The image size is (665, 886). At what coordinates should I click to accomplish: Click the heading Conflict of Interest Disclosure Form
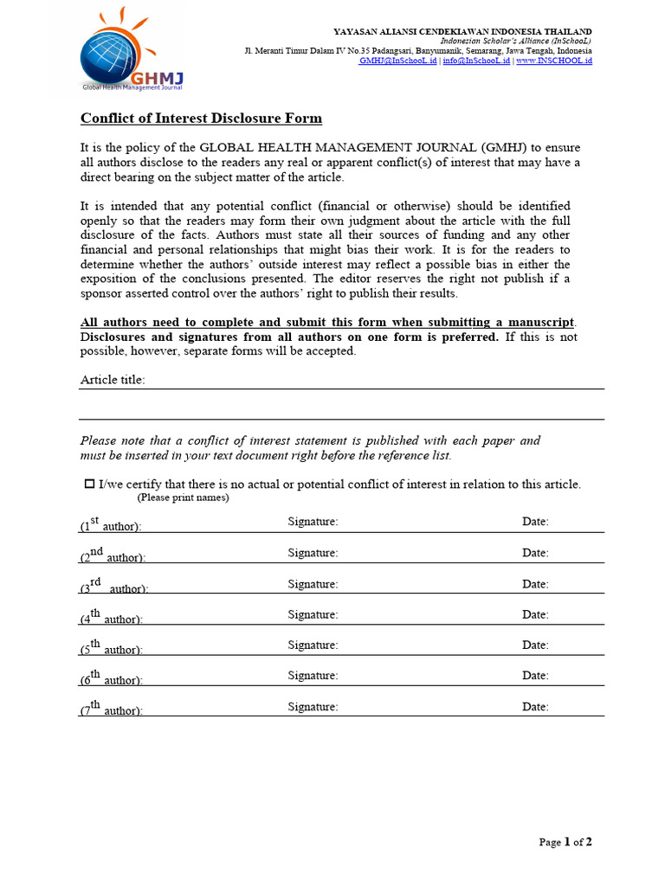[201, 119]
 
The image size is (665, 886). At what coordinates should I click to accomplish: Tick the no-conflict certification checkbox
[88, 484]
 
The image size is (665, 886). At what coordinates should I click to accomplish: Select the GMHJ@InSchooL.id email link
[398, 61]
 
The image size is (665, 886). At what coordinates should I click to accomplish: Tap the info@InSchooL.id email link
[476, 61]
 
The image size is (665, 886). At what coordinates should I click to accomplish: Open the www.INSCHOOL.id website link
[554, 61]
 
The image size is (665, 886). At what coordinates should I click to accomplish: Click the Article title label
[113, 380]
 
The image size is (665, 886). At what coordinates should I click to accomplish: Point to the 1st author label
[111, 525]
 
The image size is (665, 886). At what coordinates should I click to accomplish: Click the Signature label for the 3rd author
[313, 584]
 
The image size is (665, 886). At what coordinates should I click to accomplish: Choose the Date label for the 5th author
[535, 645]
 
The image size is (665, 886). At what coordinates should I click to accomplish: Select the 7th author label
[111, 709]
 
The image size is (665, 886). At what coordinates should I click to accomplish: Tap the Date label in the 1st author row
[535, 522]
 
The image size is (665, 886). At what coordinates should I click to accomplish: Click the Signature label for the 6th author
[313, 675]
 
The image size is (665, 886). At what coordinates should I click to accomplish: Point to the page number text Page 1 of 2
[565, 842]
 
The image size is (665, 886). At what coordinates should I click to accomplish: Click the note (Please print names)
[183, 498]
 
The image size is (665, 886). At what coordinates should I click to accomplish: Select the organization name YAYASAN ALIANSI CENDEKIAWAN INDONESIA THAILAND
[462, 31]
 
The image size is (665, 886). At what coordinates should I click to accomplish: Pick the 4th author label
[111, 618]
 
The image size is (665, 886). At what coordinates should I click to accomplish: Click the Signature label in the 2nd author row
[313, 553]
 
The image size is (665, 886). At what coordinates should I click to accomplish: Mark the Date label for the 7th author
[535, 707]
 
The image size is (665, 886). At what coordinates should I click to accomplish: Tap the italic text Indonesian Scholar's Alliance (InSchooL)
[516, 41]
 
